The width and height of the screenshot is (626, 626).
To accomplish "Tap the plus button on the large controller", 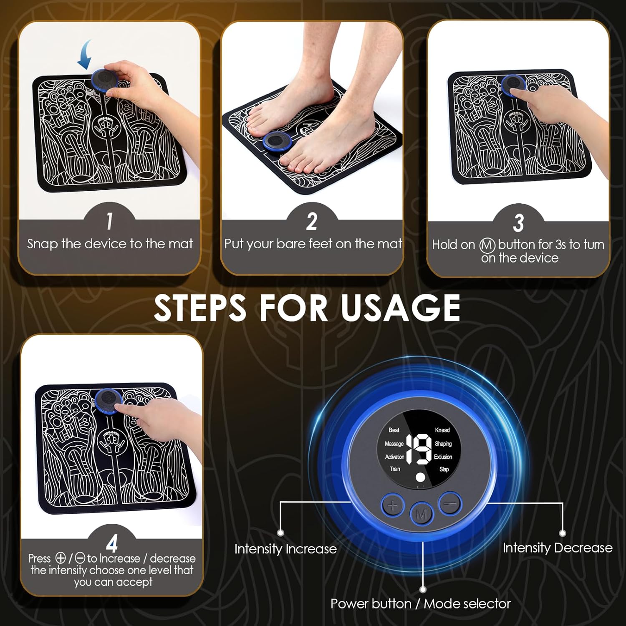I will pyautogui.click(x=392, y=506).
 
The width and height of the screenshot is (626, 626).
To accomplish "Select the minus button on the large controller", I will pyautogui.click(x=450, y=504).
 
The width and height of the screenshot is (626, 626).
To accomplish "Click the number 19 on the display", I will pyautogui.click(x=419, y=449).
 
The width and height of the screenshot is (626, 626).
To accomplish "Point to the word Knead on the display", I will pyautogui.click(x=442, y=430).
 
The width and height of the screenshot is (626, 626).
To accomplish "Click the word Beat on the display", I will pyautogui.click(x=394, y=430).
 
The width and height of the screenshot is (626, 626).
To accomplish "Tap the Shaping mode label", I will pyautogui.click(x=443, y=444).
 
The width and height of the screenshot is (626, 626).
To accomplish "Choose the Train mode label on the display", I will pyautogui.click(x=395, y=469).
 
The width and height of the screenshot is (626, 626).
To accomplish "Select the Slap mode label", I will pyautogui.click(x=444, y=469).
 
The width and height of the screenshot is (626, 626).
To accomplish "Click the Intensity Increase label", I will pyautogui.click(x=285, y=549).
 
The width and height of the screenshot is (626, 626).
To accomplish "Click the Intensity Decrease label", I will pyautogui.click(x=557, y=548).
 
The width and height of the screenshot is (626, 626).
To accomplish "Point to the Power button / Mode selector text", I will pyautogui.click(x=420, y=603).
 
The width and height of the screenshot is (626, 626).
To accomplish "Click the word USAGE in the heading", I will pyautogui.click(x=400, y=308).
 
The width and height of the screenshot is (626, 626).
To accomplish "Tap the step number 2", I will pyautogui.click(x=312, y=222).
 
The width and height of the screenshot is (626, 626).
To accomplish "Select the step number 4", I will pyautogui.click(x=112, y=544).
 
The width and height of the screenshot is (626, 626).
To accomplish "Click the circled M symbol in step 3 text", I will pyautogui.click(x=487, y=245).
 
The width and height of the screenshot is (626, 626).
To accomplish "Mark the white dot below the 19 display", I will pyautogui.click(x=421, y=477).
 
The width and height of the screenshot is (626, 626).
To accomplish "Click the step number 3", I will pyautogui.click(x=518, y=223).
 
